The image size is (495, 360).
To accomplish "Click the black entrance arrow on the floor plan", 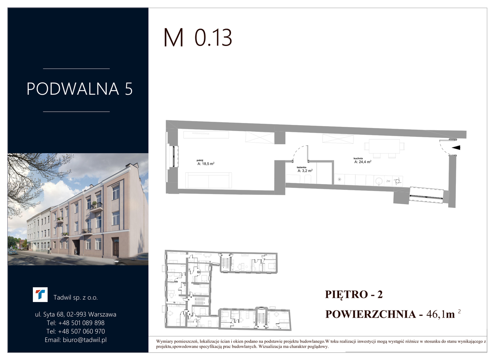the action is click(x=456, y=148).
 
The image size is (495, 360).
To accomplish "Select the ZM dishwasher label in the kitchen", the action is click(x=388, y=181).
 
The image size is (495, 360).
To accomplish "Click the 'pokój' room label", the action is click(x=200, y=160).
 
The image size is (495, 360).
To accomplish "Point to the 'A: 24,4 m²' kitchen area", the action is click(x=363, y=162).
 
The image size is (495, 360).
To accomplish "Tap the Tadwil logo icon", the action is click(x=40, y=295).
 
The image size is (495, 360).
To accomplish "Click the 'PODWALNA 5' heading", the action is click(x=80, y=89).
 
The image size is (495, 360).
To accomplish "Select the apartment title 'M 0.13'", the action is click(x=198, y=38).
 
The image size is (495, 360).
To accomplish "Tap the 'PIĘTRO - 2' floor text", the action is click(x=354, y=295).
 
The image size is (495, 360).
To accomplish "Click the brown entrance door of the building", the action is click(x=116, y=247).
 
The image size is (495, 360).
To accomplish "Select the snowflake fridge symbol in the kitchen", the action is click(x=340, y=179).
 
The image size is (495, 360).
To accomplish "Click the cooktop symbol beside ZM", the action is click(x=398, y=181).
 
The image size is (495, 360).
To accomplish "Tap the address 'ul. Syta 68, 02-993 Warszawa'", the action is click(x=75, y=314).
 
